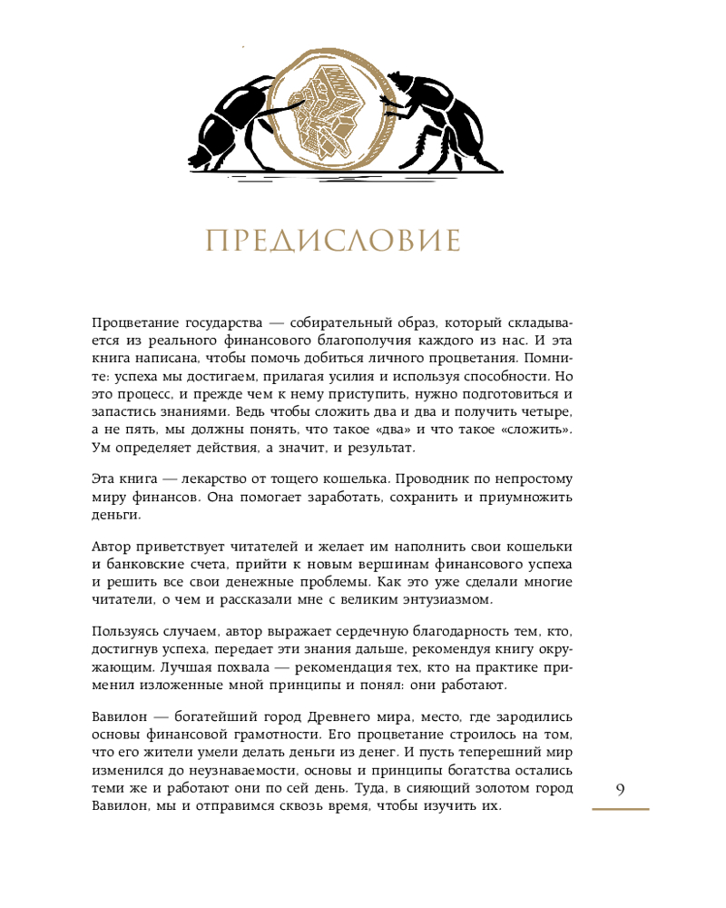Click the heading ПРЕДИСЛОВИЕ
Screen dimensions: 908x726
coord(334,242)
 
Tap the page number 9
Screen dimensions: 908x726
coord(620,789)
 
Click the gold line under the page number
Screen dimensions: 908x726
coord(620,808)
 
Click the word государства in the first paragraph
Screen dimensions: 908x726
coord(209,323)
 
